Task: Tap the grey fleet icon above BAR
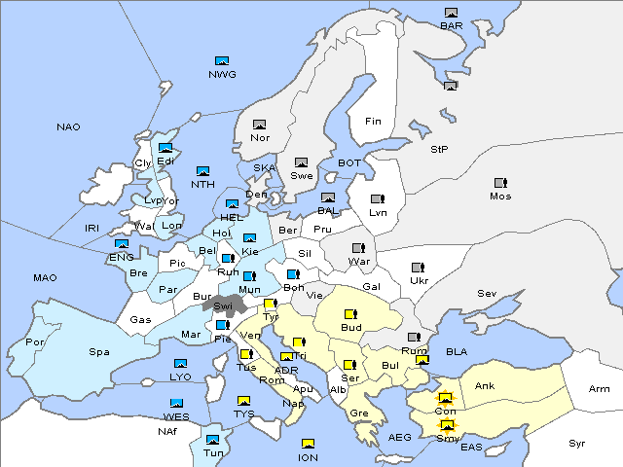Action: pyautogui.click(x=451, y=13)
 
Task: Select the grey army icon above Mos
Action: pyautogui.click(x=500, y=183)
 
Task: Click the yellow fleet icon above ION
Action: pyautogui.click(x=308, y=445)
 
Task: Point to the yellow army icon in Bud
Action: pyautogui.click(x=350, y=314)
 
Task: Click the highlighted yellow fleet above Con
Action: pyautogui.click(x=446, y=398)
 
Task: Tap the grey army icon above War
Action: pyautogui.click(x=358, y=248)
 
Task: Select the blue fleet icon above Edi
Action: pyautogui.click(x=165, y=148)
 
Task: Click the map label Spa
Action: pyautogui.click(x=98, y=351)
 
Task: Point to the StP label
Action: pyautogui.click(x=439, y=150)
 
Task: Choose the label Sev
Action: pyautogui.click(x=487, y=293)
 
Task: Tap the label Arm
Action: pyautogui.click(x=599, y=389)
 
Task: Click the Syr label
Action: pyautogui.click(x=578, y=443)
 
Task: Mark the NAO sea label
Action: pyautogui.click(x=68, y=127)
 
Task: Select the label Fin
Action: pyautogui.click(x=373, y=122)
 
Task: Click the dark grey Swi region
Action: pyautogui.click(x=222, y=305)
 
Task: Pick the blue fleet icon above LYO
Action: pyautogui.click(x=180, y=364)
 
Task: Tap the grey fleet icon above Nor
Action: pyautogui.click(x=259, y=125)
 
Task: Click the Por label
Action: pyautogui.click(x=35, y=342)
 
